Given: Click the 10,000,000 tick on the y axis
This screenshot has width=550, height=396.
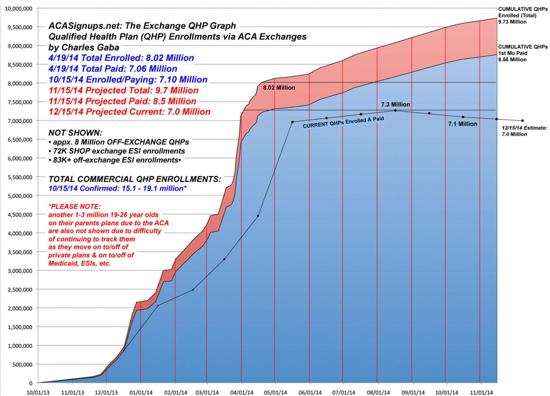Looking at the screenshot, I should [19, 8].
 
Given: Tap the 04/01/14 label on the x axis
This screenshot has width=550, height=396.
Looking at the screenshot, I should [242, 392].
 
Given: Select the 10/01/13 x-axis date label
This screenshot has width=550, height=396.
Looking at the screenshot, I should [38, 392].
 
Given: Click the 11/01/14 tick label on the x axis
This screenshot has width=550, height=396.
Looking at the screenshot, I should [480, 392].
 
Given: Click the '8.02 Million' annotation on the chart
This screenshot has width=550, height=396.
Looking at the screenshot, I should [279, 88].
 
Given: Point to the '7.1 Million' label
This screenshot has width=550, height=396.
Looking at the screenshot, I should [462, 124].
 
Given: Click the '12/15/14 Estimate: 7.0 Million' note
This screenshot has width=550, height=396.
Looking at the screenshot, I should [524, 131].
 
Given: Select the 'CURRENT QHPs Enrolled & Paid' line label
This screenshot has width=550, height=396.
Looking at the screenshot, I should [344, 123].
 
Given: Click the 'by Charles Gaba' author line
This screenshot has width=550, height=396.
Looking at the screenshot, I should [84, 47].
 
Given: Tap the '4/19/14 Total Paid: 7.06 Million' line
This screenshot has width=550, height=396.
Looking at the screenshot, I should [113, 69].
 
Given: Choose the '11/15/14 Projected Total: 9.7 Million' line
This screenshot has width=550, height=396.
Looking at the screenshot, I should [124, 90].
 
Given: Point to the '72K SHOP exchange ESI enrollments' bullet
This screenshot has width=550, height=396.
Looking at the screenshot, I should [117, 151].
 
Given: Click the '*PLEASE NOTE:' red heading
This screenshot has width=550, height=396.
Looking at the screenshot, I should [75, 207].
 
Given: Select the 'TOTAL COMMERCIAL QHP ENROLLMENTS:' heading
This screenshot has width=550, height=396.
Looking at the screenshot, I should [135, 179].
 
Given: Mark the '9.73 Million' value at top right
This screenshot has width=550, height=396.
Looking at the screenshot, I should [512, 22].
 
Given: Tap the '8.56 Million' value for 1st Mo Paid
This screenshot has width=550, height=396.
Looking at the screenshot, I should [512, 60].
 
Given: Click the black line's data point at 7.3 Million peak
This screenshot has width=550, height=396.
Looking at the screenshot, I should [395, 110].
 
